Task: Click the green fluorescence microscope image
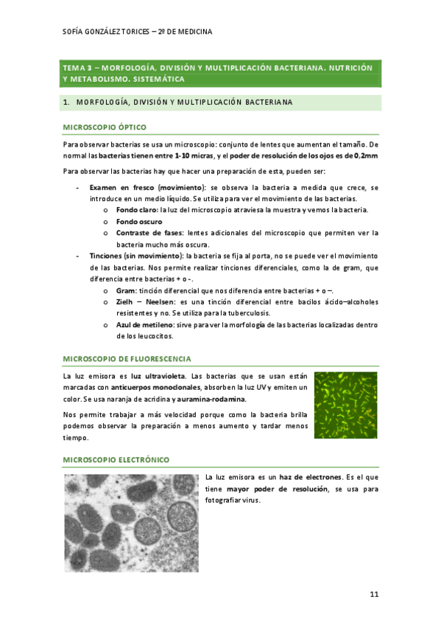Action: [x=345, y=404]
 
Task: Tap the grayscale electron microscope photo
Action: [x=130, y=523]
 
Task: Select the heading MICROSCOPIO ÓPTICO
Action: [x=105, y=127]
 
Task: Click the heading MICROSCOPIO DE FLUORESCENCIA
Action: [x=127, y=358]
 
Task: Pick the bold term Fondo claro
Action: [x=137, y=210]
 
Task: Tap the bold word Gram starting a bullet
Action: [x=125, y=290]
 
